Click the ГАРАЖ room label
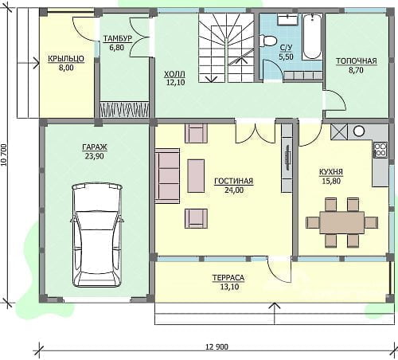pyautogui.click(x=95, y=147)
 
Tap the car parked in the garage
pyautogui.click(x=97, y=234)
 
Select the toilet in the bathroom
pyautogui.click(x=268, y=41)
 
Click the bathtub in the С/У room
pyautogui.click(x=313, y=37)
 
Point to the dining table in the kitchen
pyautogui.click(x=341, y=222)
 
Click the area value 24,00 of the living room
pyautogui.click(x=233, y=190)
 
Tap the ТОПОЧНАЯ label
pyautogui.click(x=357, y=61)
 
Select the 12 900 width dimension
pyautogui.click(x=217, y=346)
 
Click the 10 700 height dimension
pyautogui.click(x=3, y=155)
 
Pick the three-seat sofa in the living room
pyautogui.click(x=167, y=176)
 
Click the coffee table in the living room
pyautogui.click(x=196, y=176)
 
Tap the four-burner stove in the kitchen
pyautogui.click(x=380, y=150)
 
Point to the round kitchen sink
pyautogui.click(x=359, y=131)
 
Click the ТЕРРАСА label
pyautogui.click(x=228, y=278)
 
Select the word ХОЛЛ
pyautogui.click(x=174, y=73)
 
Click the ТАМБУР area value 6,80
pyautogui.click(x=117, y=48)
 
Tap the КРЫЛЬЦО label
pyautogui.click(x=66, y=59)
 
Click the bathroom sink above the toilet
pyautogui.click(x=287, y=19)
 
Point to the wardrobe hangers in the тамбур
pyautogui.click(x=124, y=109)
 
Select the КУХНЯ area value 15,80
pyautogui.click(x=331, y=182)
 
